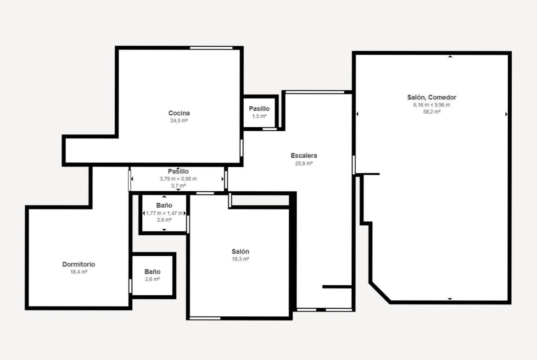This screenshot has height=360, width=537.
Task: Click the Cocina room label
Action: (179, 113)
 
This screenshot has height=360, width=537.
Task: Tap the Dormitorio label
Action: (79, 264)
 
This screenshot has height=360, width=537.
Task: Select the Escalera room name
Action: (304, 156)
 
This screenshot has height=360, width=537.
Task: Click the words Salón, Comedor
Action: (431, 97)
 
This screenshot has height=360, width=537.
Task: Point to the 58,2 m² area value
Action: (431, 112)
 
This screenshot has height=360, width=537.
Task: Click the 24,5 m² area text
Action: (179, 121)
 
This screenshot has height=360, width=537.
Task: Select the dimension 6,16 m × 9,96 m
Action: (431, 105)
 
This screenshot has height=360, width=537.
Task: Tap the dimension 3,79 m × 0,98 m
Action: (178, 179)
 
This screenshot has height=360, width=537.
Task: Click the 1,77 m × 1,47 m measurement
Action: (164, 213)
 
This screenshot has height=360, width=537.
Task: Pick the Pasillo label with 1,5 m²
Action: (259, 109)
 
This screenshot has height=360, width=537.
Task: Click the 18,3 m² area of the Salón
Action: (241, 259)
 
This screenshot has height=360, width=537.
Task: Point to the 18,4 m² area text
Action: (79, 272)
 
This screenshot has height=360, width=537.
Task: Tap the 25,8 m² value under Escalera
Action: (304, 164)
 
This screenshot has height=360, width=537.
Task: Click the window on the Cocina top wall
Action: (211, 48)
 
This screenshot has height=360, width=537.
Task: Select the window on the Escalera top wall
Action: (315, 92)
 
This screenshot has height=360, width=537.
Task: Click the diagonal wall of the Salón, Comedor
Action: (380, 293)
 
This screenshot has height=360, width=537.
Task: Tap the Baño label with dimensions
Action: (164, 205)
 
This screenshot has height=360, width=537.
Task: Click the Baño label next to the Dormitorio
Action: (152, 271)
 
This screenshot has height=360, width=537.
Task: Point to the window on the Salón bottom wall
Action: (205, 318)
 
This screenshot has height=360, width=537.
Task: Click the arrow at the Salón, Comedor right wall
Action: (506, 114)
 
